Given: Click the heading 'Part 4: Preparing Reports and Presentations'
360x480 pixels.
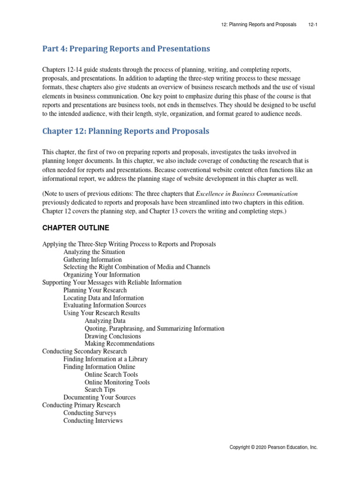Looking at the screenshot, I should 126,49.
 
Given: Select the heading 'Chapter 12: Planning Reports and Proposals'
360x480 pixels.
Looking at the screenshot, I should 126,131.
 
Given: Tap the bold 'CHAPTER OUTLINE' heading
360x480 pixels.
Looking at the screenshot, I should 75,228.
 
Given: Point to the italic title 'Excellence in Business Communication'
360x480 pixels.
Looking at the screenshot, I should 247,194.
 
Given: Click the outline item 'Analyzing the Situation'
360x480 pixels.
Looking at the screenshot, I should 94,252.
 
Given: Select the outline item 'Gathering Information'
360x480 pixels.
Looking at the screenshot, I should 92,260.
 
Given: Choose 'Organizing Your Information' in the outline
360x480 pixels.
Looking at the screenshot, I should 102,275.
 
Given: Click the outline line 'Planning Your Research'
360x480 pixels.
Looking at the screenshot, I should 95,290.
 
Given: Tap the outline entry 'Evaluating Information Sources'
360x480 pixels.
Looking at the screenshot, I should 105,305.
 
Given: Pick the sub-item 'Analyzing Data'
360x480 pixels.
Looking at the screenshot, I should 105,321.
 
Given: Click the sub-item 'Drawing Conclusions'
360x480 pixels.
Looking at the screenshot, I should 112,336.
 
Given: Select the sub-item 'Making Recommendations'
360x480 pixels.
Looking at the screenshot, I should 120,344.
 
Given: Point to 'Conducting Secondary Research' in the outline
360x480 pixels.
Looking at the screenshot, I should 84,351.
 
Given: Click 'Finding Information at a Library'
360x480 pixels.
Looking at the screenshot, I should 105,359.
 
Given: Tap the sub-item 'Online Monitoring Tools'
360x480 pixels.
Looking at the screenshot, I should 117,382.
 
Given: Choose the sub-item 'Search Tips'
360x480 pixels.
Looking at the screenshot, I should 100,390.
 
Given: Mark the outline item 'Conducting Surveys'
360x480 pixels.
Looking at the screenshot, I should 90,413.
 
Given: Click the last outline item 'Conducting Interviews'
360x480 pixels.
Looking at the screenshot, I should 93,420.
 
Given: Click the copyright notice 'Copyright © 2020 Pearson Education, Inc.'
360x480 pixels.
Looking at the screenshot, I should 273,448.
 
